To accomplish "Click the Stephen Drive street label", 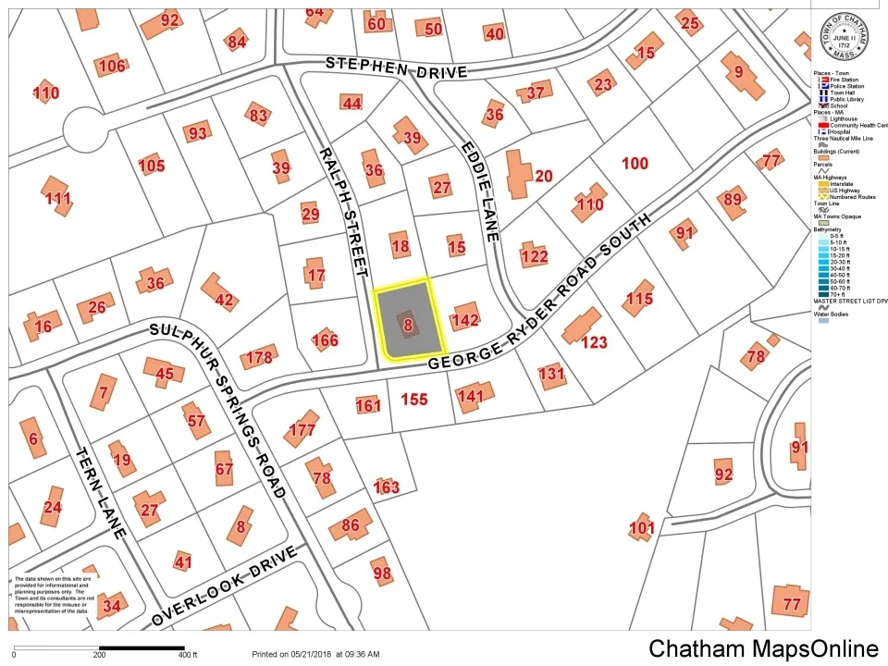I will point(397,68).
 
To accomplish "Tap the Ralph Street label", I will point(343,211).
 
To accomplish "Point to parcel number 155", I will point(414,400).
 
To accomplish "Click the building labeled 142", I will point(464,318).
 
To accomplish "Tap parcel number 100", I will point(635,164).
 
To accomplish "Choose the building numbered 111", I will point(56,195).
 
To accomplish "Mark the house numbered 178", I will point(260,357).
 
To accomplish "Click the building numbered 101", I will point(641,528).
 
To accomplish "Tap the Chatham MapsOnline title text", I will point(762,647).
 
